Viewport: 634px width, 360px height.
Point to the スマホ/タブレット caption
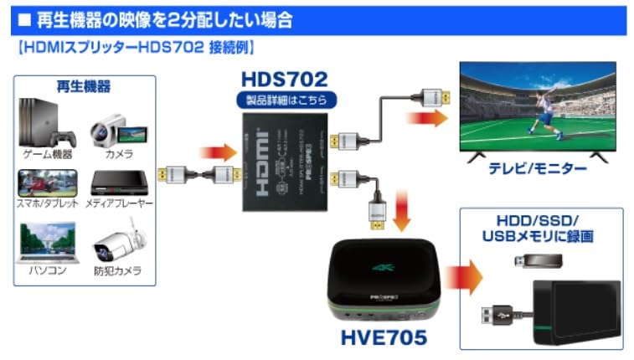49,203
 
